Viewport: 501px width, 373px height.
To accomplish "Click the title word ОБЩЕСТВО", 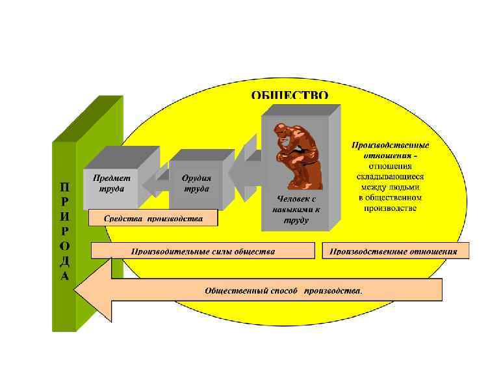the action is (x=290, y=95).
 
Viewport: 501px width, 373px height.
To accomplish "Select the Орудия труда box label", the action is (x=196, y=183).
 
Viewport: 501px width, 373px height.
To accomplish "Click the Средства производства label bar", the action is (x=153, y=219).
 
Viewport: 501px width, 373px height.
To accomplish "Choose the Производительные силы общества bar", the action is (x=203, y=251).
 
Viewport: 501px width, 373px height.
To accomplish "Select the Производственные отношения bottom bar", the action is (x=394, y=251).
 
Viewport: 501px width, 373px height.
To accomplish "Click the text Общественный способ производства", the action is (x=283, y=290).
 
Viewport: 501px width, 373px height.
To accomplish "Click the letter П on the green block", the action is (x=65, y=186).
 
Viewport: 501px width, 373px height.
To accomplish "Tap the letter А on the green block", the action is (x=65, y=275).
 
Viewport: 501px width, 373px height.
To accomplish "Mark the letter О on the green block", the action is (x=65, y=245).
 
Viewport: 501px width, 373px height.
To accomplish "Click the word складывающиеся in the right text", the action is (x=390, y=176).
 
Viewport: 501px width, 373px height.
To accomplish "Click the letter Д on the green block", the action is (x=65, y=261).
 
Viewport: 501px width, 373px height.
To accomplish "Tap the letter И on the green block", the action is (x=65, y=215).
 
